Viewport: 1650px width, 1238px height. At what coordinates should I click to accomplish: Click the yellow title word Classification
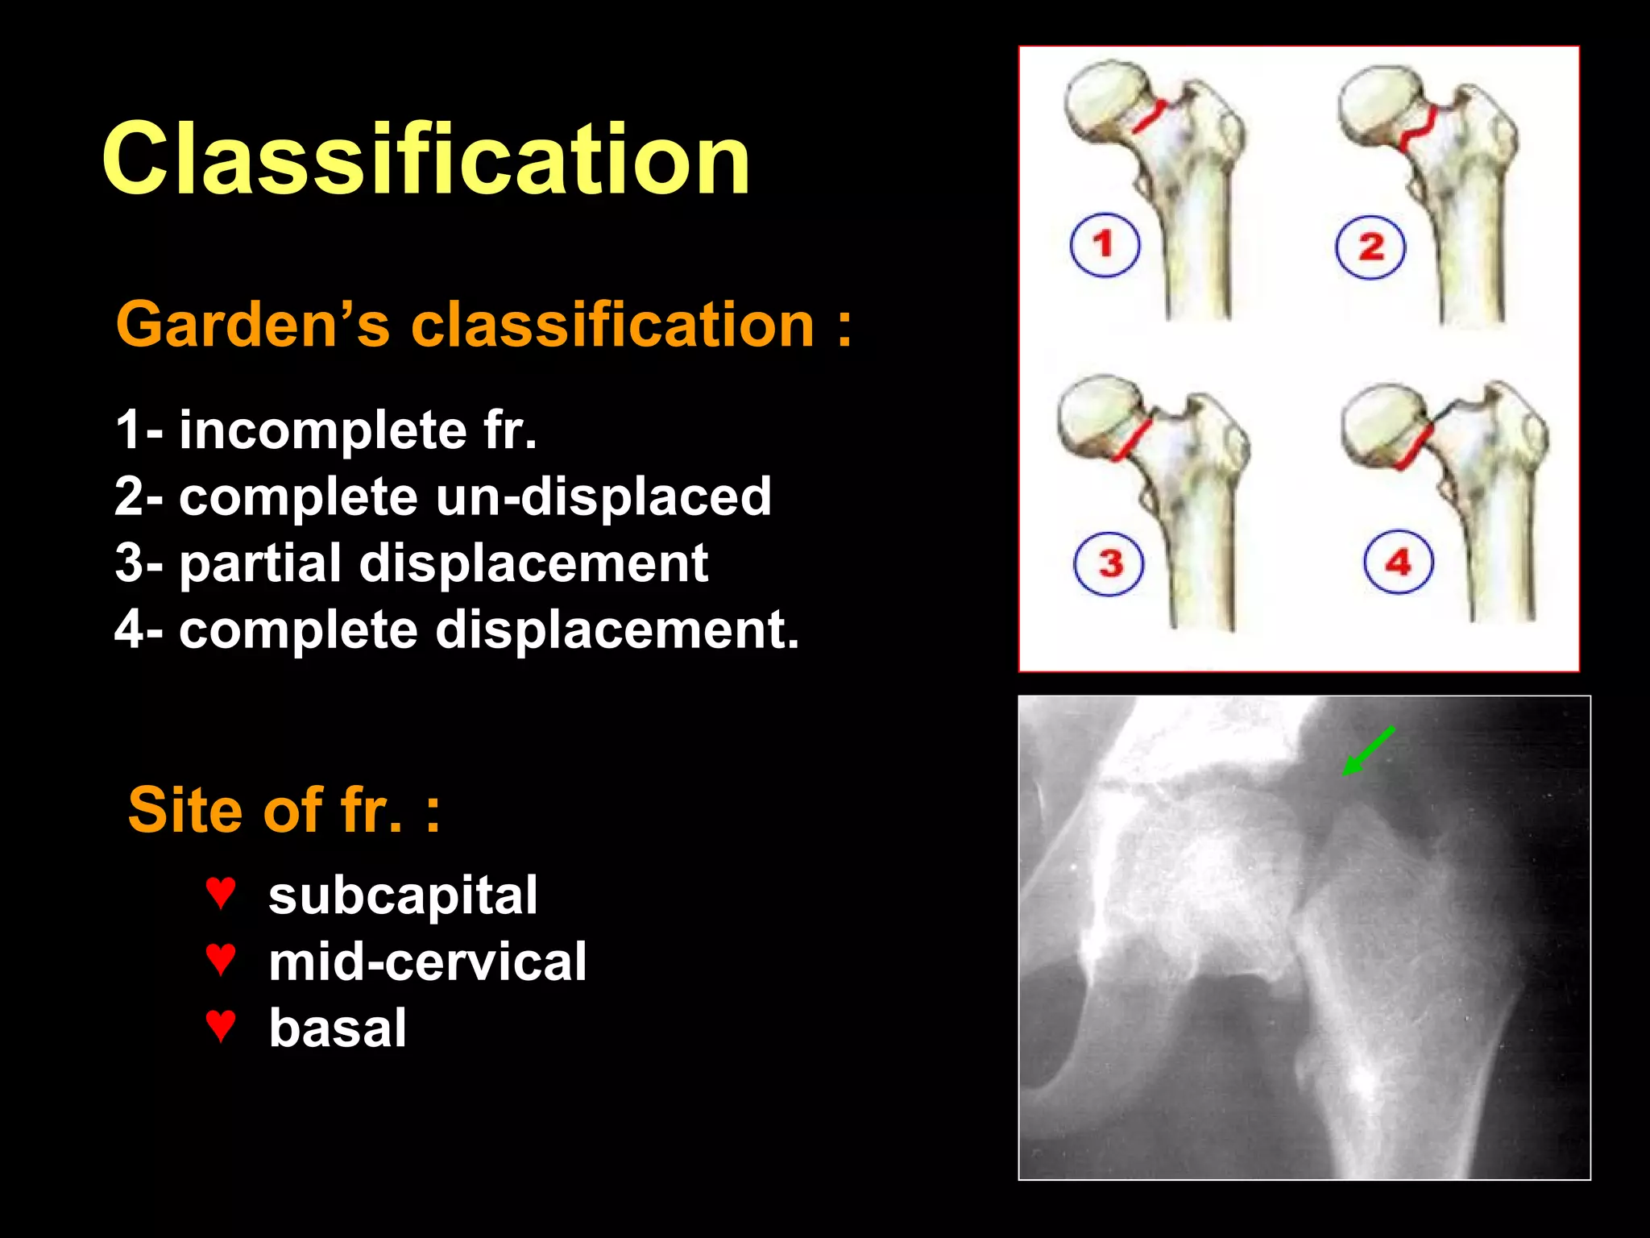point(426,159)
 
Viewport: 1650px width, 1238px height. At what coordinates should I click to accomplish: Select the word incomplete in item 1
point(322,430)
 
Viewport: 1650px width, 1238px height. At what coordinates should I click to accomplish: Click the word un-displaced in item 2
point(603,496)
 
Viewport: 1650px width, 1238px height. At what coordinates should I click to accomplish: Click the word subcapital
point(403,895)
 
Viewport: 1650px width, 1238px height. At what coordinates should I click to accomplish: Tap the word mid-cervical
point(427,962)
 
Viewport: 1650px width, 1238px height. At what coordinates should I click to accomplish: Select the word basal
point(338,1028)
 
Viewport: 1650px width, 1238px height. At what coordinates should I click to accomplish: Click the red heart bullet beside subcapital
point(220,893)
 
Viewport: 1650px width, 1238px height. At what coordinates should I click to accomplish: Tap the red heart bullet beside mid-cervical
point(220,959)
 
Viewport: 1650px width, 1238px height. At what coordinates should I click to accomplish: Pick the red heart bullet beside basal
point(220,1026)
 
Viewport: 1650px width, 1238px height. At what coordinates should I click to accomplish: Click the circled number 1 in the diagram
point(1105,245)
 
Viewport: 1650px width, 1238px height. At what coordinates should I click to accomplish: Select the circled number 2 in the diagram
point(1370,247)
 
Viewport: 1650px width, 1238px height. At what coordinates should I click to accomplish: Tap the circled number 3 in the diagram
point(1109,563)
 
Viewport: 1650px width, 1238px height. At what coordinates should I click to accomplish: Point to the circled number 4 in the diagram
point(1398,562)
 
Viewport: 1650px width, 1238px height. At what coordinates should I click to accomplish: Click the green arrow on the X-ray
point(1368,750)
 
